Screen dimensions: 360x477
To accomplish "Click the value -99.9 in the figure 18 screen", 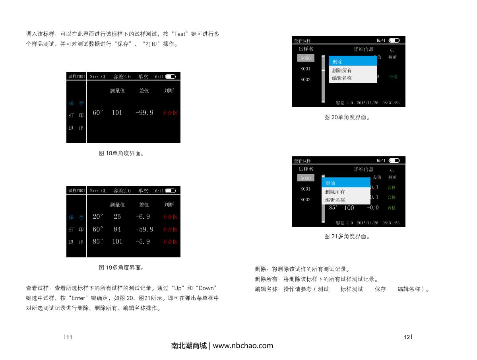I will pos(144,113).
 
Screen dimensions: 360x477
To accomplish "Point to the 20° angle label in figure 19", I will pos(98,217).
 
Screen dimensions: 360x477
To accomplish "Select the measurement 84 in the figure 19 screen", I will pos(117,230).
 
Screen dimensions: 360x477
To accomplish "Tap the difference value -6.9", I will pos(143,217).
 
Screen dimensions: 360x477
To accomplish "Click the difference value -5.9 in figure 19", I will pos(143,241).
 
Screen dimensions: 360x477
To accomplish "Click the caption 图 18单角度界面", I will pos(121,153).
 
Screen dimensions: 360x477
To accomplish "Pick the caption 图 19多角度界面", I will pos(121,268).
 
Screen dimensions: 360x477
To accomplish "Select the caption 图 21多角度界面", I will pos(347,236).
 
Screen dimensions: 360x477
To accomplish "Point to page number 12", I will pos(407,337).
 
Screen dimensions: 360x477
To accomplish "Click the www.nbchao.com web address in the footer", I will pos(243,346).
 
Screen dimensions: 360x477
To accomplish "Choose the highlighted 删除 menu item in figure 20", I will pos(353,61).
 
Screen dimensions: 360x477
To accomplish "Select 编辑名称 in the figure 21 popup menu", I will pos(335,200).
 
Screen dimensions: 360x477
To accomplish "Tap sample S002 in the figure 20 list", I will pos(305,80).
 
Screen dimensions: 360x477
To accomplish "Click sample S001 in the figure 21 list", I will pos(305,189).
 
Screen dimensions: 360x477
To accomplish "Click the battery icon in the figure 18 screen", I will pos(170,76).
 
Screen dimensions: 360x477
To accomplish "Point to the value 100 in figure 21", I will pos(349,208).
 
